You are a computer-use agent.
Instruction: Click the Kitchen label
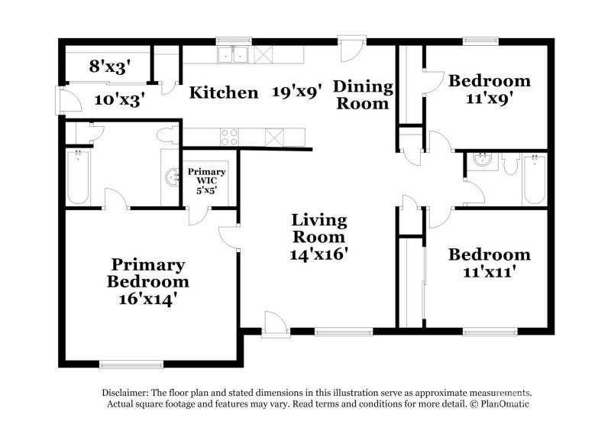tap(224, 93)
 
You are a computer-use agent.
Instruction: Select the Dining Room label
tap(363, 95)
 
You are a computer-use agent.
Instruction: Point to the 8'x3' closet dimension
tap(106, 66)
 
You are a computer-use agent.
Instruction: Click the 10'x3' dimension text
tap(120, 99)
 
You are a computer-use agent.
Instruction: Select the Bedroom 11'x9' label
tap(489, 89)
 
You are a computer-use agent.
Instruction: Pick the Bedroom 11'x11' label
tap(489, 262)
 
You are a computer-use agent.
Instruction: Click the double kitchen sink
tap(233, 55)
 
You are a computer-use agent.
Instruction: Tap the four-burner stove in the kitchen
tap(229, 137)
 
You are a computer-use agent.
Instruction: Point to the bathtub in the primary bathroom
tap(78, 177)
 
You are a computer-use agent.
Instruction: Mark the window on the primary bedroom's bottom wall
tap(131, 364)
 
